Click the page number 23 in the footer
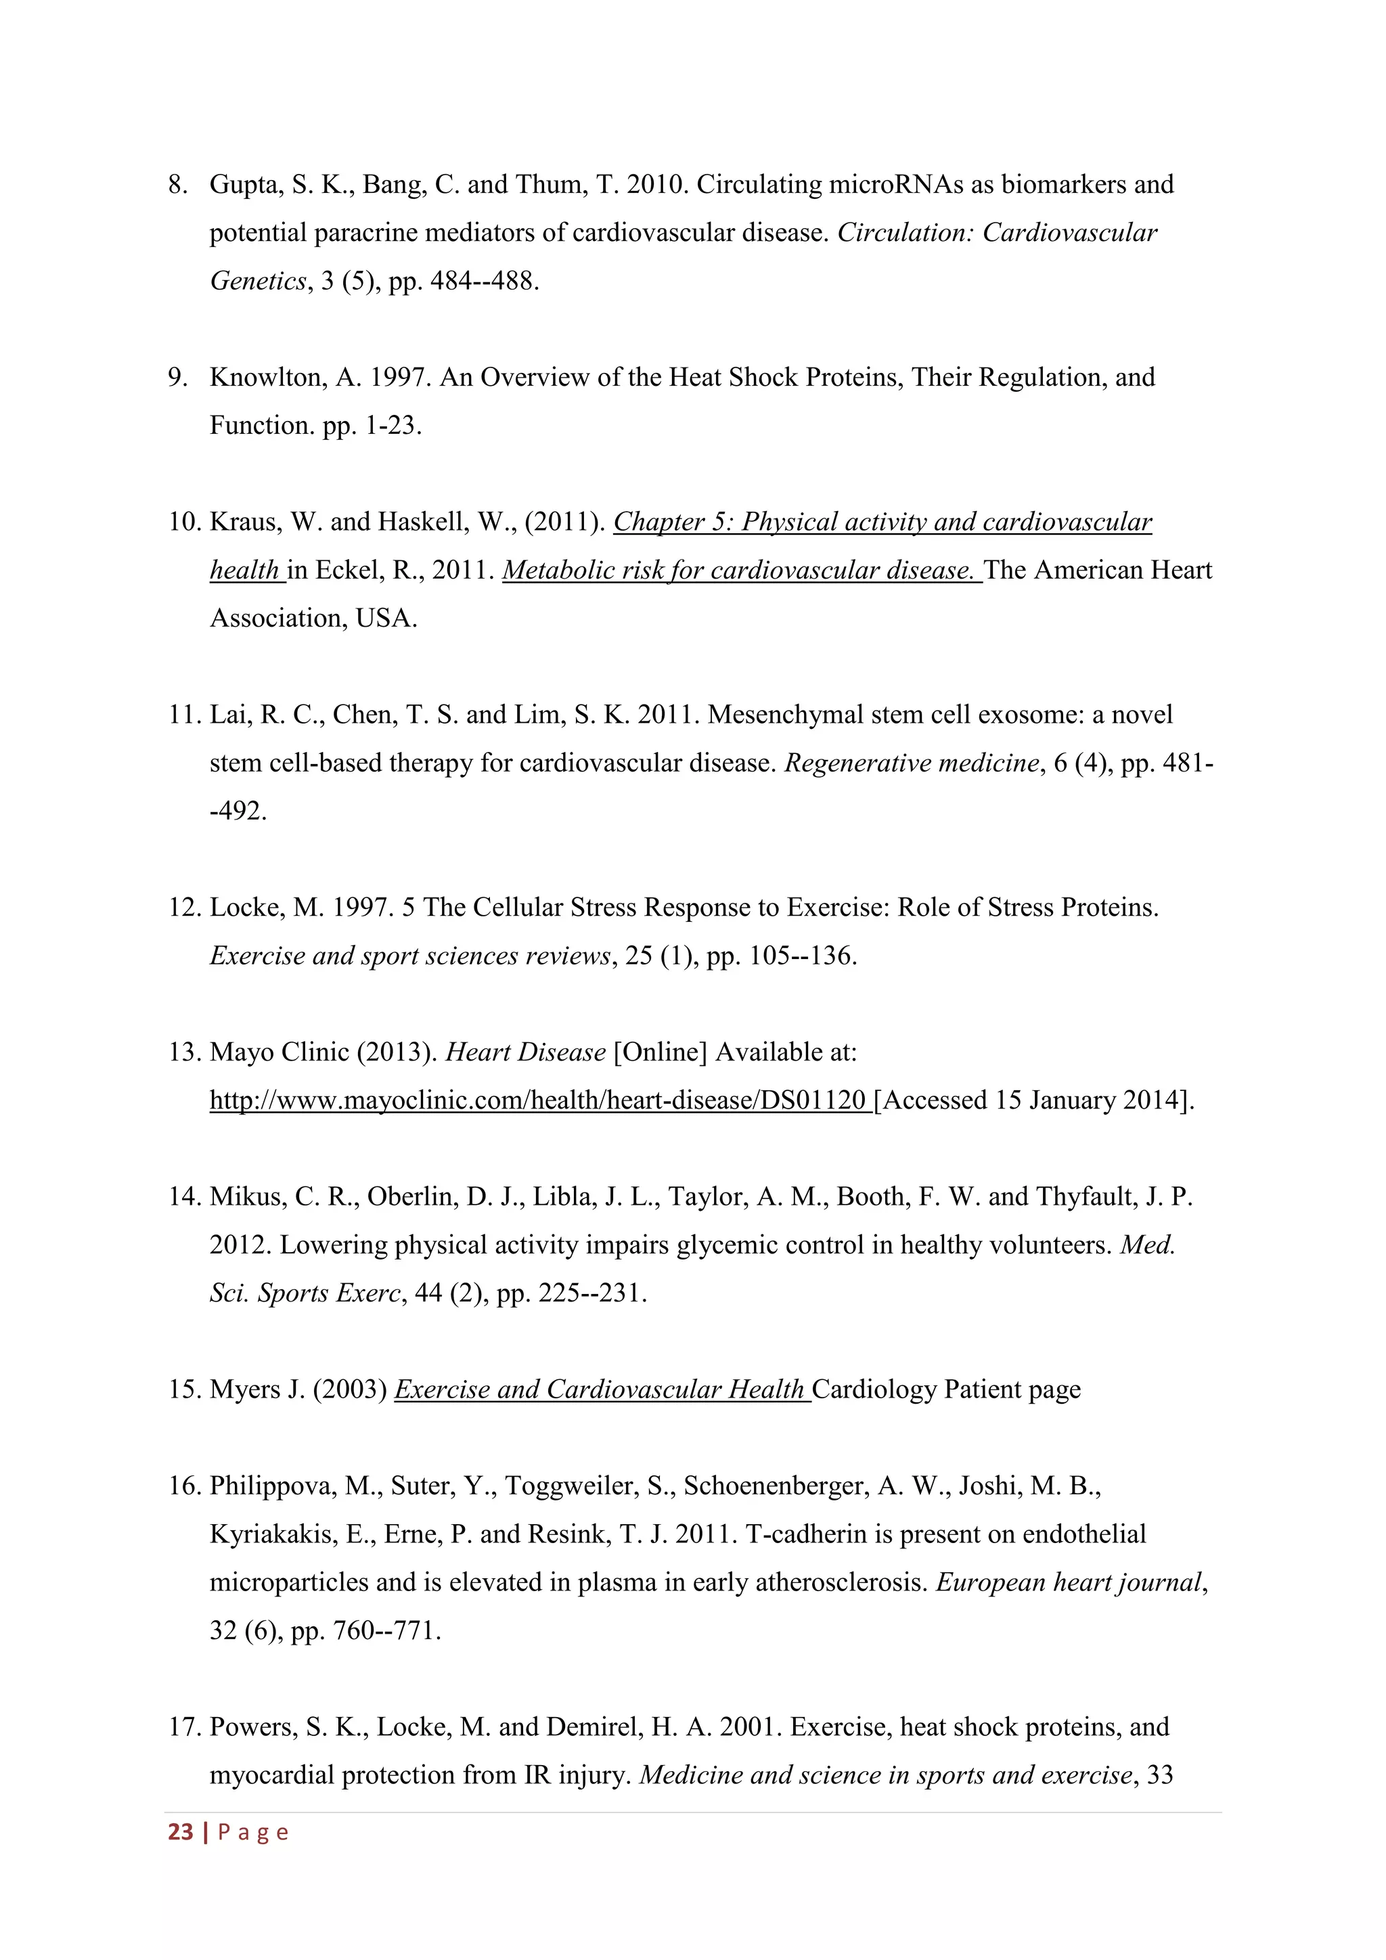[180, 1832]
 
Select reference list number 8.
[177, 184]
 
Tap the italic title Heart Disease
[526, 1052]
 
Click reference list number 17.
[183, 1727]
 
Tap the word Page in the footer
[254, 1832]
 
